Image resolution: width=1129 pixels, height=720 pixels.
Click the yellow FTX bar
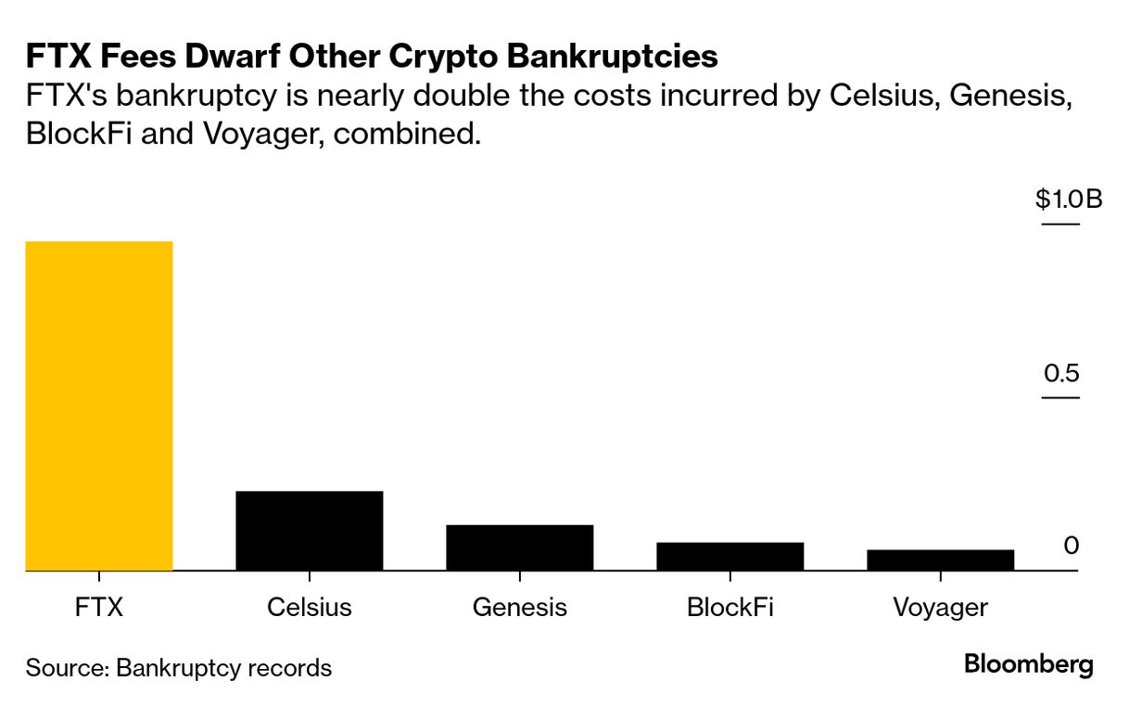point(99,405)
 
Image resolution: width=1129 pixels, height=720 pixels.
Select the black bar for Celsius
point(310,530)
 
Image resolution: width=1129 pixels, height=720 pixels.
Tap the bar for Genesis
point(519,547)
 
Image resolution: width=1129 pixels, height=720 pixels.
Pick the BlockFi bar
point(729,556)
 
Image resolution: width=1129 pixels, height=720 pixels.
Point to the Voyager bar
point(940,559)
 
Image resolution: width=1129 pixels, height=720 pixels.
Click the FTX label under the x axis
point(99,608)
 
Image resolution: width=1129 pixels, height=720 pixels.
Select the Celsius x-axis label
point(310,608)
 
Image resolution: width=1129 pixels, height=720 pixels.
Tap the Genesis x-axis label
point(519,608)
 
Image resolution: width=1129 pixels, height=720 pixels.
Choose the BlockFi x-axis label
point(729,608)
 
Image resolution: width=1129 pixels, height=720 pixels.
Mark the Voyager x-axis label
point(940,609)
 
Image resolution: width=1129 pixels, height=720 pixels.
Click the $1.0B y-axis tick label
point(1069,199)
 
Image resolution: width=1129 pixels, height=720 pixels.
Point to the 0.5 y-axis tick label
point(1061,373)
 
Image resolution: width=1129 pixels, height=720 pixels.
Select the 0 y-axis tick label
point(1071,546)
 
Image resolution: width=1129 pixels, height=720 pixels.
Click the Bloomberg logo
point(1028,665)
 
